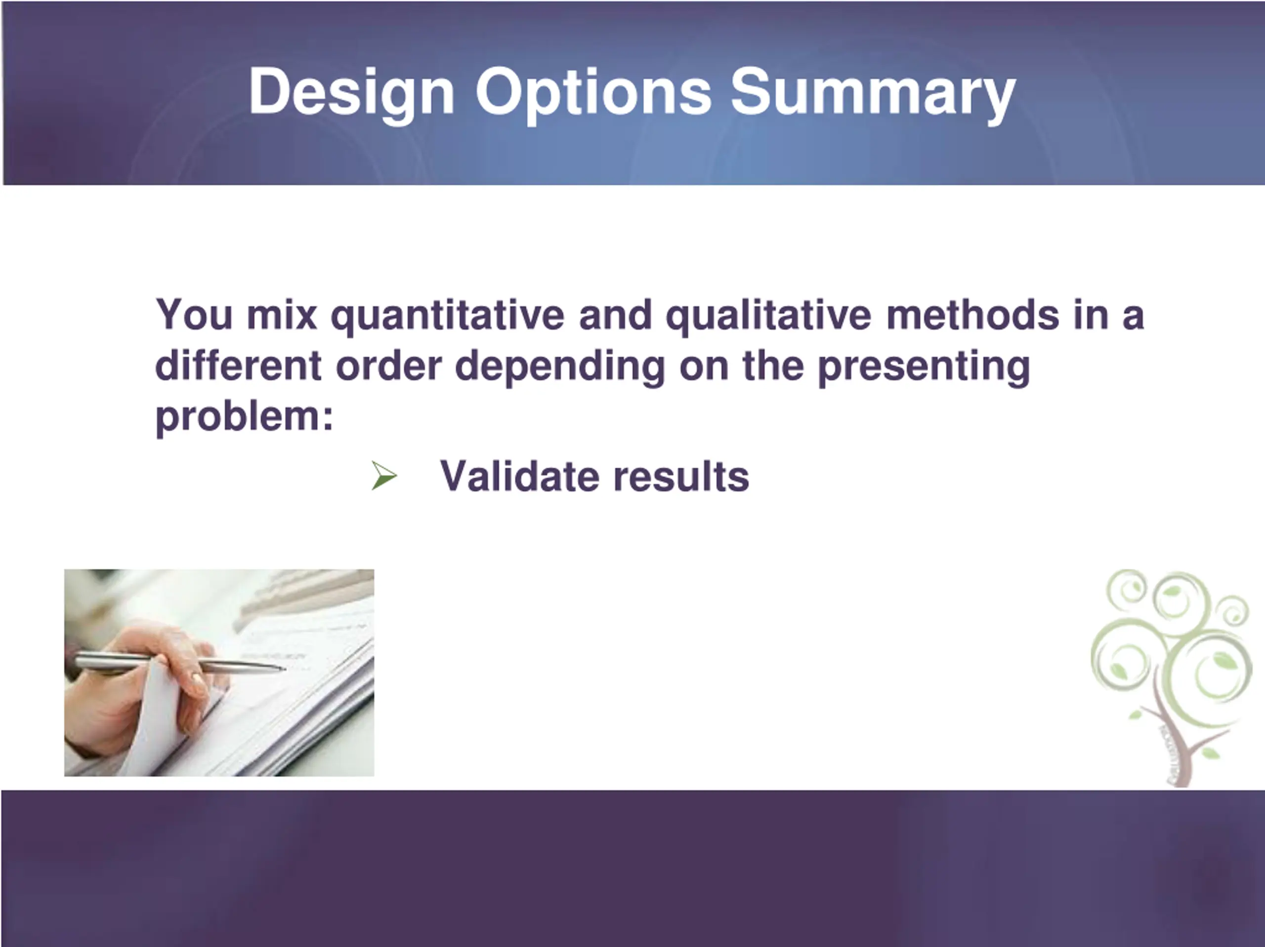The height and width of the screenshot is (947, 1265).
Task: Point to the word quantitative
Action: [x=448, y=316]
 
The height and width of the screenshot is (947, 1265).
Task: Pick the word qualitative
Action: [x=768, y=316]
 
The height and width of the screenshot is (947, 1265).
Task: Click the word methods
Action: [x=972, y=315]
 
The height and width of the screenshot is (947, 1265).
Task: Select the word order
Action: [x=388, y=366]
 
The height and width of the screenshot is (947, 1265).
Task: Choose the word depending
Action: [x=560, y=367]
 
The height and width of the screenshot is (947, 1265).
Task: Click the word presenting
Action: [x=924, y=367]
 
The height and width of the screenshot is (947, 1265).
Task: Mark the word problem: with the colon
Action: [x=244, y=417]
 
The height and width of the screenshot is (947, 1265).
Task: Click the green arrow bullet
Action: [x=384, y=475]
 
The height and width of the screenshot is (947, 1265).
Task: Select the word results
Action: [x=680, y=475]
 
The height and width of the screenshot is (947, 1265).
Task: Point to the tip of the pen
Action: [x=284, y=668]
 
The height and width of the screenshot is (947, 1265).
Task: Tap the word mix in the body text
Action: [x=282, y=315]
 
